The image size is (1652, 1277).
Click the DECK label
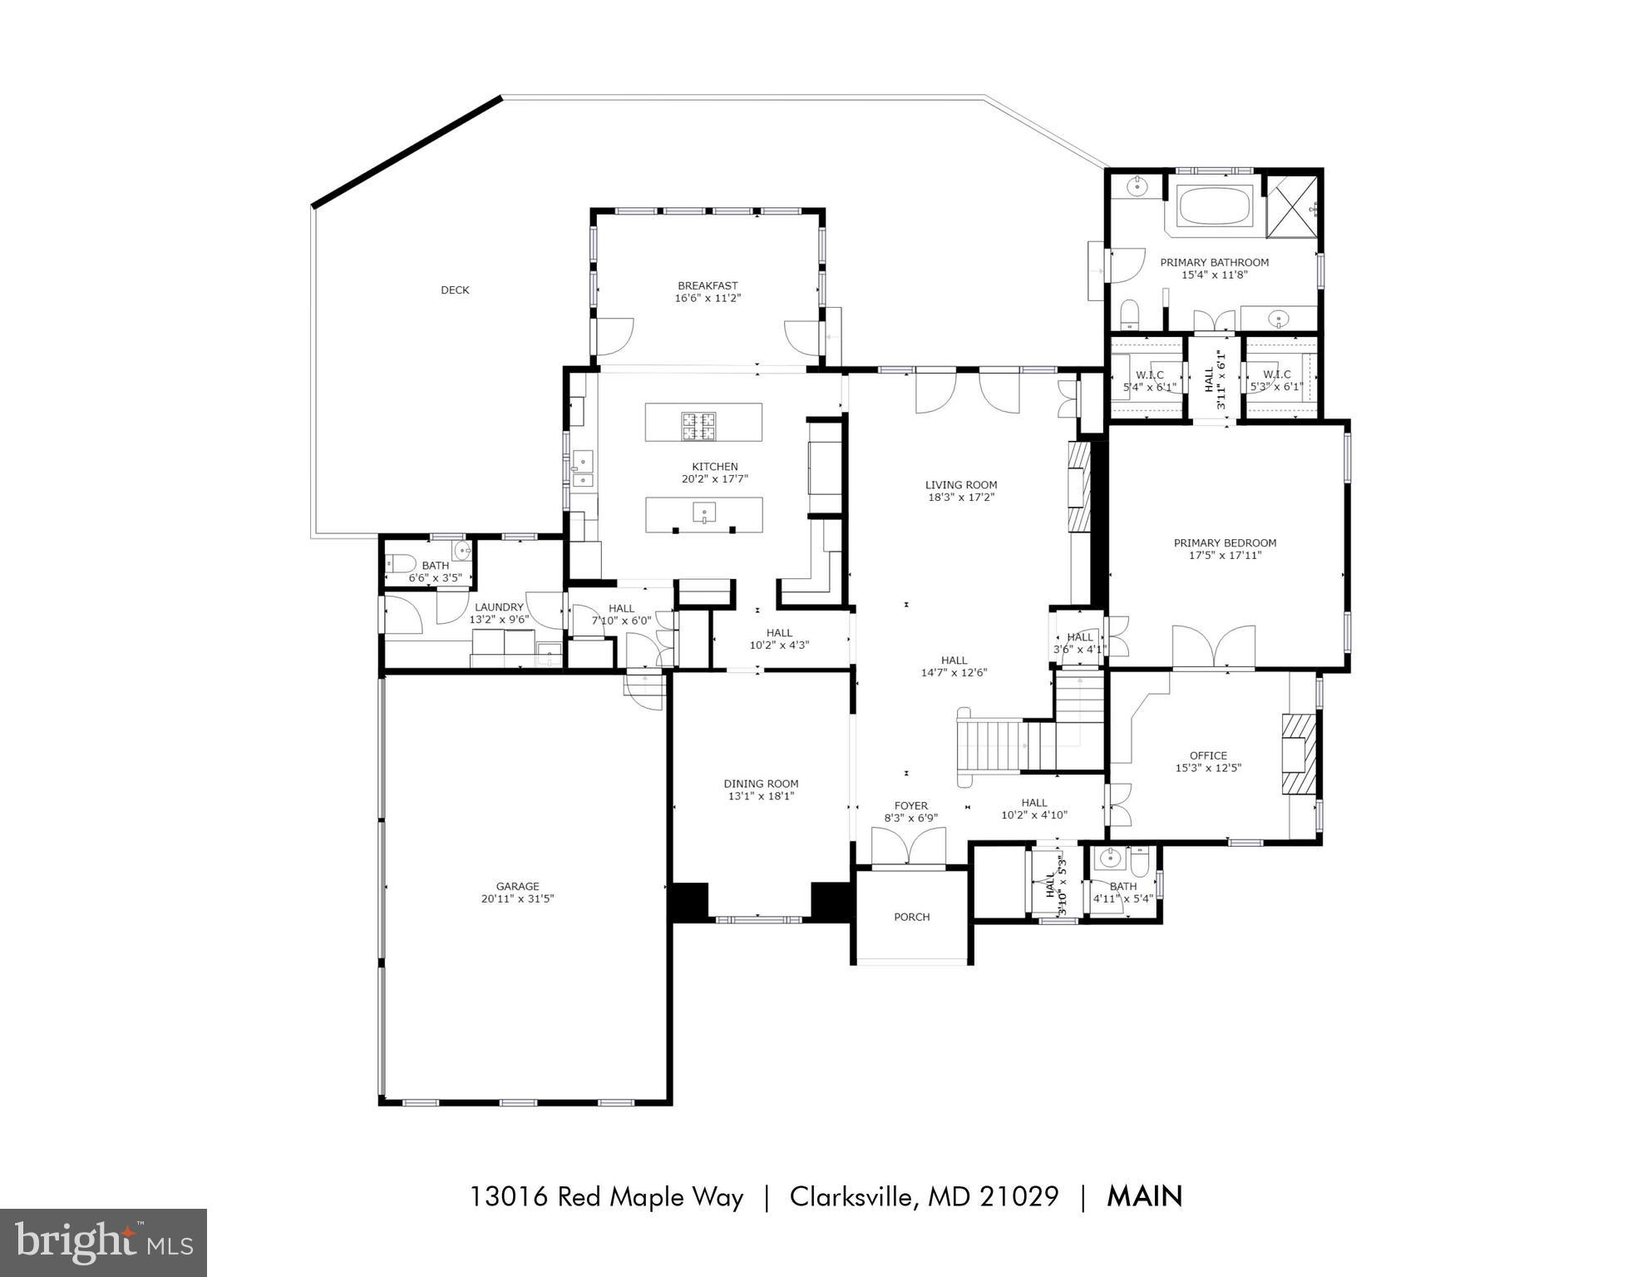[x=455, y=290]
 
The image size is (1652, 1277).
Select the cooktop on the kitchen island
[x=699, y=425]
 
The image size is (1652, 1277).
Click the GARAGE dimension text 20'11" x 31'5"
[x=518, y=898]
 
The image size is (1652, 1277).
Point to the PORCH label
[x=911, y=917]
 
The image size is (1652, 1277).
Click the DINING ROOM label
[x=761, y=784]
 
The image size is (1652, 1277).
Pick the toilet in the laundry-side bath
[x=399, y=563]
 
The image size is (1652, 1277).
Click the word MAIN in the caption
[x=1144, y=1196]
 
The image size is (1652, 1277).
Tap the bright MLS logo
[x=103, y=1242]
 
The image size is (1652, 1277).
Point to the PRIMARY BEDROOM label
[x=1225, y=543]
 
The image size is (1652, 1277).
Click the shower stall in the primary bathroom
[x=1292, y=206]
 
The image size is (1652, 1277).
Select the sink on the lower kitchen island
[x=704, y=512]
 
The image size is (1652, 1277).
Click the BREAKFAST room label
[x=708, y=285]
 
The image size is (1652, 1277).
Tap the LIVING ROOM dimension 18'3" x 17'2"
[x=961, y=497]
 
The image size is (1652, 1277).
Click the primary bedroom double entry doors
[x=1214, y=646]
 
